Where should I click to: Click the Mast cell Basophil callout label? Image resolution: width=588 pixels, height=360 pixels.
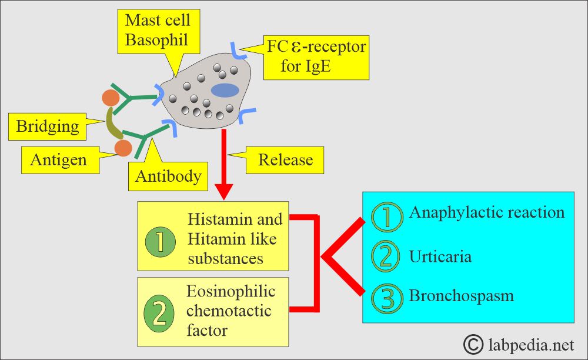point(157,31)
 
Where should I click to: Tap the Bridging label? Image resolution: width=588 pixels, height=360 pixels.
point(47,126)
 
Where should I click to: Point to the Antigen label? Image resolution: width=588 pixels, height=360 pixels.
point(58,159)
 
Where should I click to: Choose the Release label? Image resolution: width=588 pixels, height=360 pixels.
point(286,159)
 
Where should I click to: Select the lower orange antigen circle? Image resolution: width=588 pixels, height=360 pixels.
point(123,148)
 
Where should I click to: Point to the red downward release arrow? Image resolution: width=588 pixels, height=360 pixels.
point(225,165)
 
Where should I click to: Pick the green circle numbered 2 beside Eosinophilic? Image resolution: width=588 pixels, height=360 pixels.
point(160,313)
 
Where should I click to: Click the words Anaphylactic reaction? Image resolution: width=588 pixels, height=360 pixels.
point(486,212)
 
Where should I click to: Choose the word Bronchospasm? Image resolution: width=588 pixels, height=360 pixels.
point(461,295)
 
